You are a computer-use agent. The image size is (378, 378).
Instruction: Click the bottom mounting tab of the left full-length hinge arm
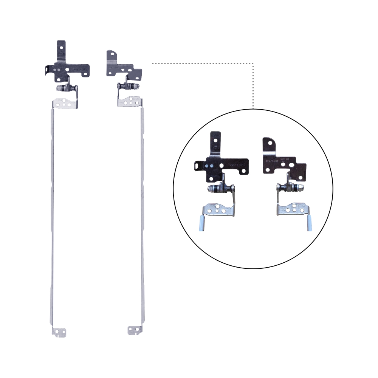tap(59, 331)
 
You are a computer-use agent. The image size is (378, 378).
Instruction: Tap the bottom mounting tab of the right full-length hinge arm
tap(135, 330)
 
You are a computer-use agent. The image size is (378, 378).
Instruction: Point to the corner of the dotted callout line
tap(253, 64)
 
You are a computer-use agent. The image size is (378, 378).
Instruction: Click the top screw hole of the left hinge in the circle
tap(216, 139)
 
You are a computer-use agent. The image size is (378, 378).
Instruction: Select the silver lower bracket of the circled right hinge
tap(293, 209)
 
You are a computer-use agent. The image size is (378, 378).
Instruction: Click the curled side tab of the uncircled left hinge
tap(47, 70)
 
